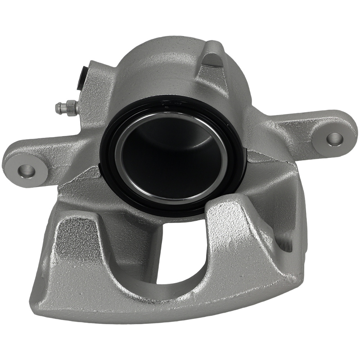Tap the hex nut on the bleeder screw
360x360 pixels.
tap(71, 107)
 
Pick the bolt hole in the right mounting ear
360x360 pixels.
tap(334, 139)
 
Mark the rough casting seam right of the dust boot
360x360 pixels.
tap(263, 158)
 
